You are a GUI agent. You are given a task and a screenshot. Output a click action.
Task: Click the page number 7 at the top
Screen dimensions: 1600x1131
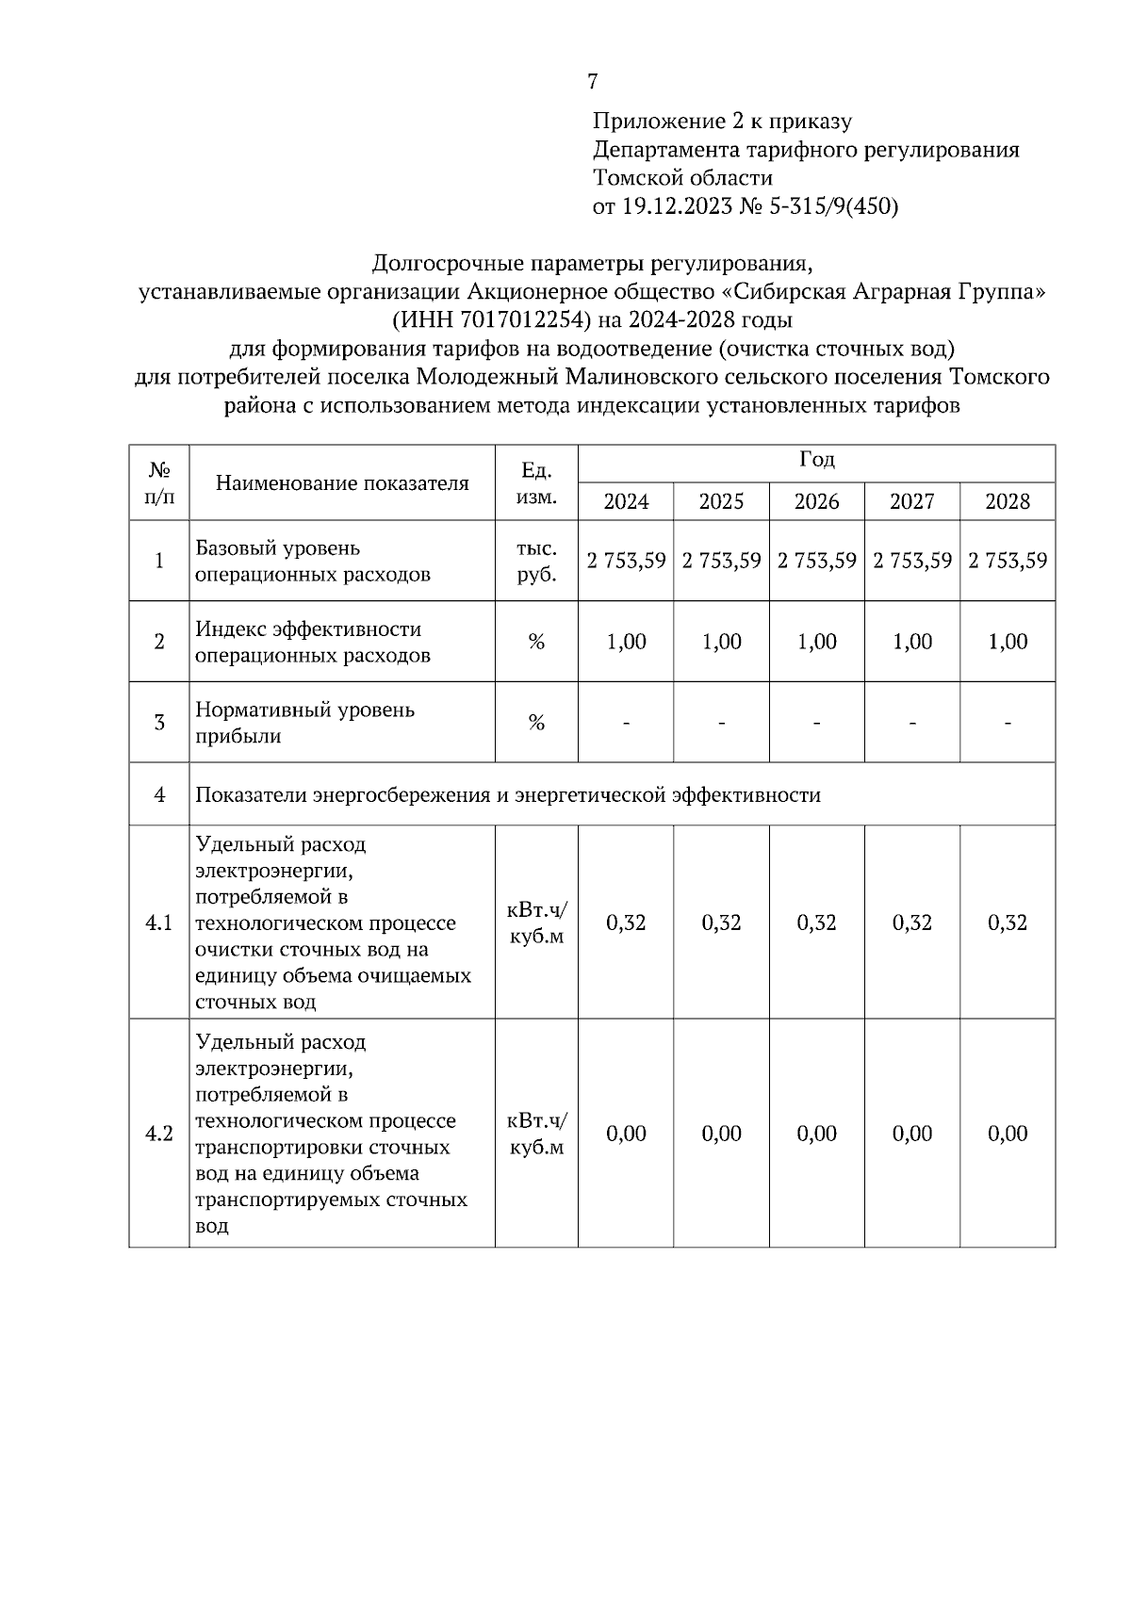(592, 82)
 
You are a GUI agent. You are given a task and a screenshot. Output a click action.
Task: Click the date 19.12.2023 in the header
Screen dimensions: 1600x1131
(676, 206)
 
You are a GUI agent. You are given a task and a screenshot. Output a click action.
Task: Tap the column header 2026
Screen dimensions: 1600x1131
(816, 501)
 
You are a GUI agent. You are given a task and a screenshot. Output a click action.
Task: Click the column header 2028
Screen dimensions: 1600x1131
(1007, 501)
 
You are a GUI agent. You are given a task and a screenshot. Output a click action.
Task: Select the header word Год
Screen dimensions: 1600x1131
(816, 461)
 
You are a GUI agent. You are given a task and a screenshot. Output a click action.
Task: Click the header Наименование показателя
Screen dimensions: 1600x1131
(342, 483)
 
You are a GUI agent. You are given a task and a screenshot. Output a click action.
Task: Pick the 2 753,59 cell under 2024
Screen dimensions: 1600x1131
(626, 561)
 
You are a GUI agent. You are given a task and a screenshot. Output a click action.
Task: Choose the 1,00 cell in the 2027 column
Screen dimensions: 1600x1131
(911, 642)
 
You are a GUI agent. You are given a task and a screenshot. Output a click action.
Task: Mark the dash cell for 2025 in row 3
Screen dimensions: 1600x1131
(721, 724)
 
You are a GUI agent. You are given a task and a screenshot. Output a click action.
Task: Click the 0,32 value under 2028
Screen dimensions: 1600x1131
(1007, 922)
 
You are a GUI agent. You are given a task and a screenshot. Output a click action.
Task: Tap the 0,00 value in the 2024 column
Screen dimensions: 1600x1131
(626, 1134)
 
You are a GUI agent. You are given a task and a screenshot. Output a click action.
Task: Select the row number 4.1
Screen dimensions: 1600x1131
(158, 922)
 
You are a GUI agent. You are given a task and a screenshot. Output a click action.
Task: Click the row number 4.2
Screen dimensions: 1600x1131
(158, 1134)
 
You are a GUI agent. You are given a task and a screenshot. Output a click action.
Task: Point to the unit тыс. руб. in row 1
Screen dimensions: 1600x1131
(536, 562)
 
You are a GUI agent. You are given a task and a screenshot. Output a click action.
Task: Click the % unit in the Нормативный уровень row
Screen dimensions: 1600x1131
(536, 724)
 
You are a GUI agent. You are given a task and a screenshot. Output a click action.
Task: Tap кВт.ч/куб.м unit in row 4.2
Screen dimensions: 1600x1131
(536, 1134)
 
